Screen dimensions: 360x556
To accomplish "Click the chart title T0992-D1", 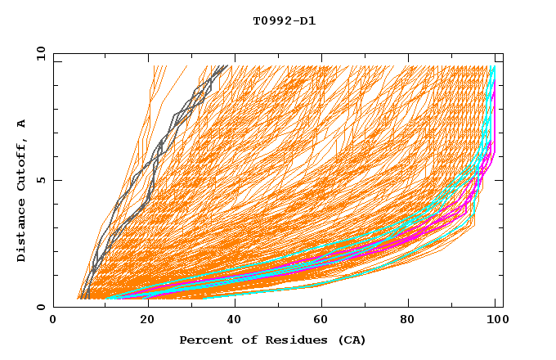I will click(x=284, y=21).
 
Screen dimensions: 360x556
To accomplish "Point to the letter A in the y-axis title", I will click(x=22, y=123).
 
